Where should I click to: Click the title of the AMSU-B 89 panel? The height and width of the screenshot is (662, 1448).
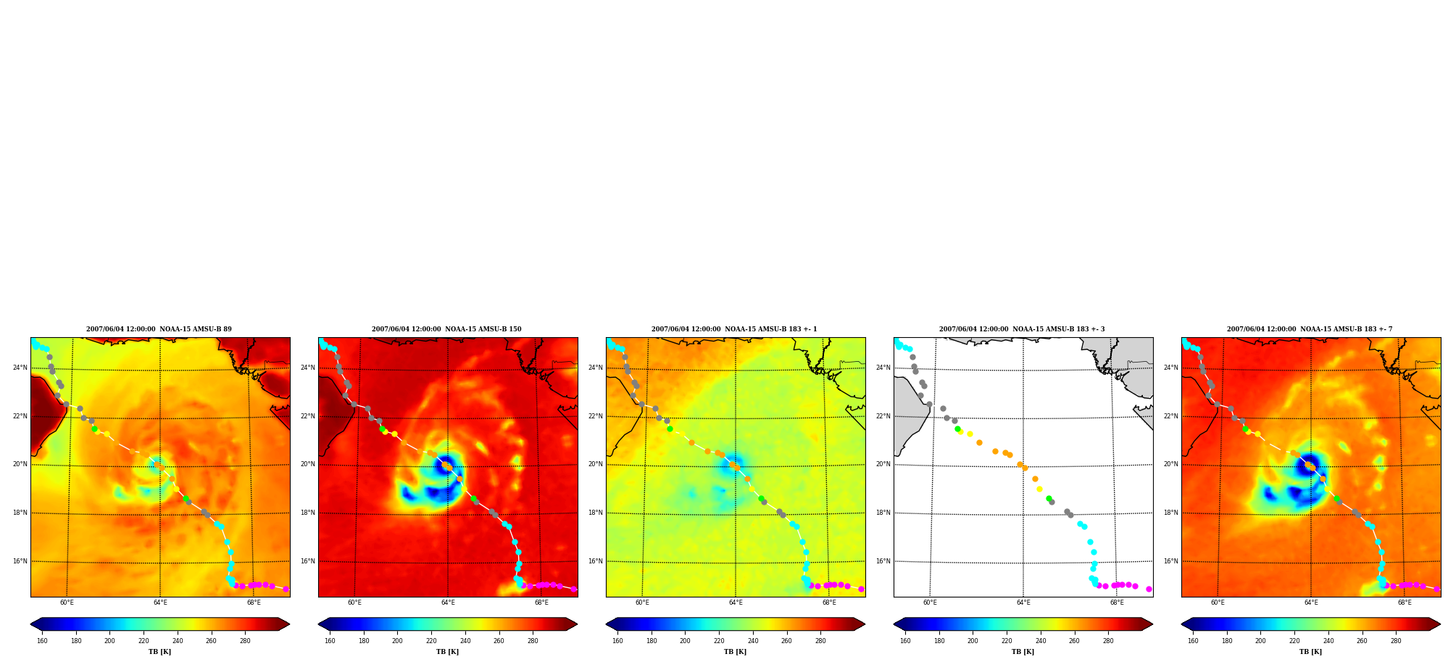(159, 329)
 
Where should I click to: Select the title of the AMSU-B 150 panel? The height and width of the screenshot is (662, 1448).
(446, 329)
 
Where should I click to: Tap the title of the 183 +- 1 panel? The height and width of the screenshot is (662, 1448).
(734, 329)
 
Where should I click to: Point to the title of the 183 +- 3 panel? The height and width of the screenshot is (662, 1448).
(1022, 329)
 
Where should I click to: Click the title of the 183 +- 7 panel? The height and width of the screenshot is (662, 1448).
(1310, 329)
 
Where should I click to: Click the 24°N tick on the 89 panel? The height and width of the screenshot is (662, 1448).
(20, 368)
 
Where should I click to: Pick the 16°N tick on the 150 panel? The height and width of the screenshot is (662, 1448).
(307, 561)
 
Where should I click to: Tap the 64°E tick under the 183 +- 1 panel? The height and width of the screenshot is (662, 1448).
(736, 603)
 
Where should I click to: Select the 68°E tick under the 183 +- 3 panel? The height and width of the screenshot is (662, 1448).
(1117, 603)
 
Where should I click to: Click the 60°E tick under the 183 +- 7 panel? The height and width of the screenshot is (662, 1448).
(1218, 603)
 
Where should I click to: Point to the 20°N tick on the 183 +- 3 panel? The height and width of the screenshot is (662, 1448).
(883, 464)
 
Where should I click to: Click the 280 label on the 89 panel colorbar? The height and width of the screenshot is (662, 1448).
(245, 641)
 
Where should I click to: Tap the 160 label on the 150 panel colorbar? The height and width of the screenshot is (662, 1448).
(330, 641)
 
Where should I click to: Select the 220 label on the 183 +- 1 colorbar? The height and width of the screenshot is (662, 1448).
(719, 641)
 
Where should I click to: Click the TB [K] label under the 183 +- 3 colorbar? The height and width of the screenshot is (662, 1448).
(1023, 652)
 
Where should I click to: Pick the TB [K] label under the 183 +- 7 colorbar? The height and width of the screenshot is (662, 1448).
(1310, 652)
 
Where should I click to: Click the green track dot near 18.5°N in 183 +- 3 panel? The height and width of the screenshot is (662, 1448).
(1049, 499)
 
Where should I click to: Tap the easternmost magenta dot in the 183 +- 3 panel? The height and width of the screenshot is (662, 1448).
(1149, 589)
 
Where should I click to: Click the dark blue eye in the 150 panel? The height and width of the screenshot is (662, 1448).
(444, 465)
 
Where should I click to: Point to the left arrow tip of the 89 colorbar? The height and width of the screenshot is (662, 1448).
(30, 624)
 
